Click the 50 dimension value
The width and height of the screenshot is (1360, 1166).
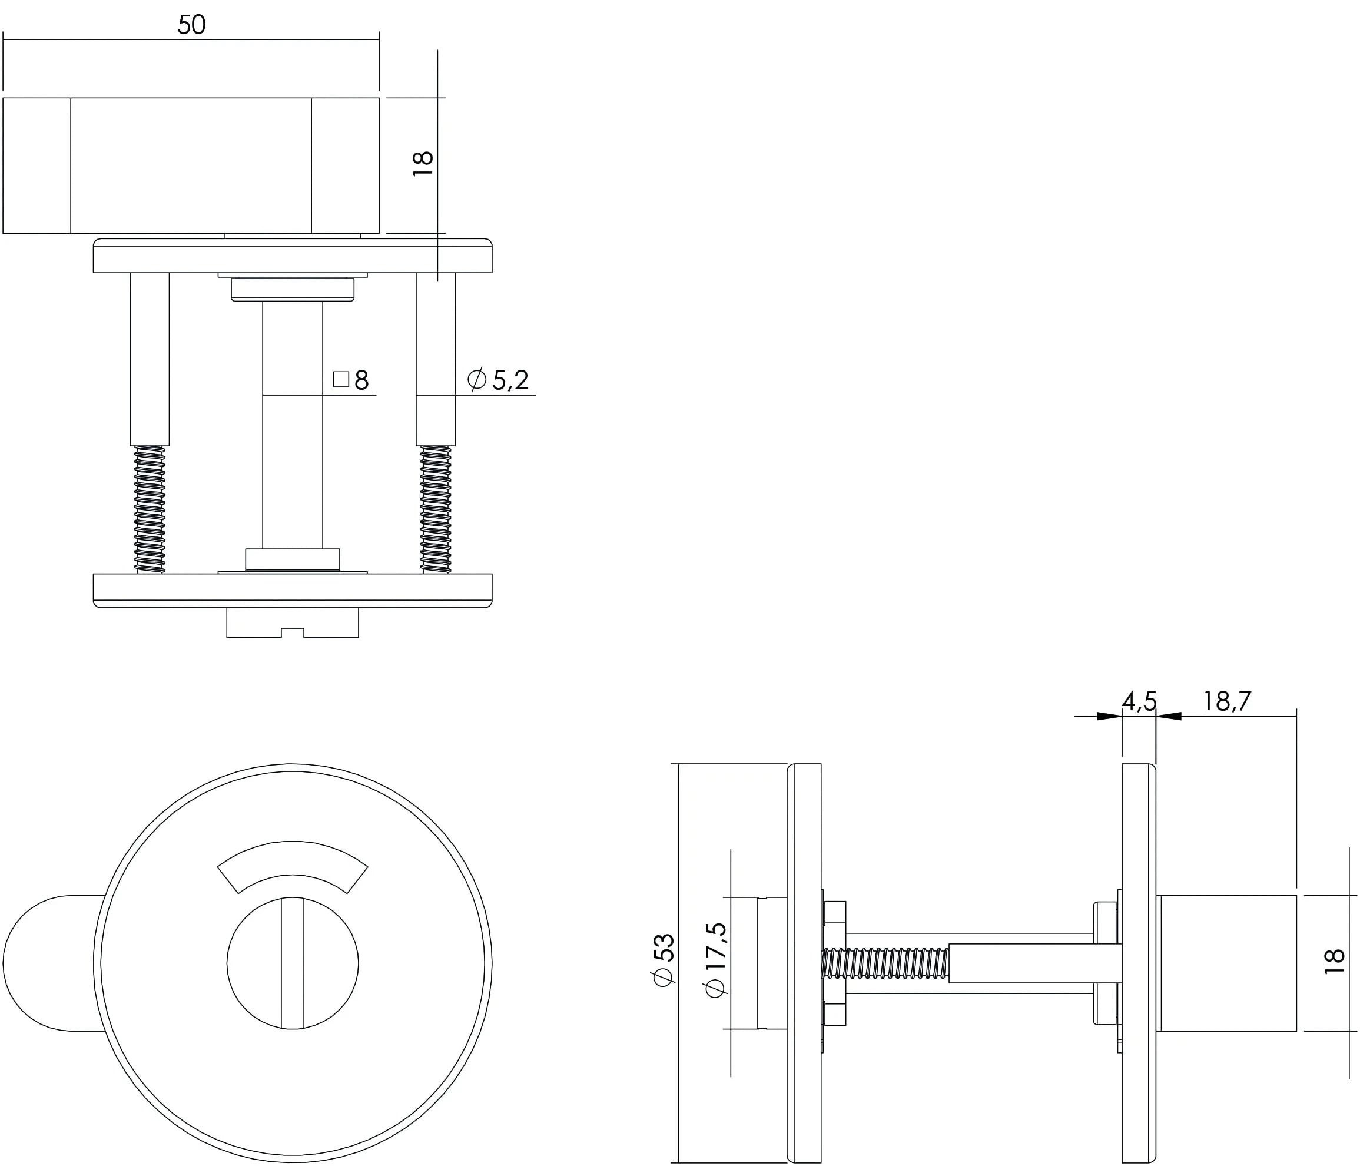pyautogui.click(x=191, y=25)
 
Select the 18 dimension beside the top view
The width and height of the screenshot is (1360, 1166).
pyautogui.click(x=423, y=163)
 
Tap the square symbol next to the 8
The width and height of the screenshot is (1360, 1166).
pyautogui.click(x=341, y=379)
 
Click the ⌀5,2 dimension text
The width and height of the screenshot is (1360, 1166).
pyautogui.click(x=498, y=380)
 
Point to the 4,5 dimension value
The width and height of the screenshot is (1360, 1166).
pyautogui.click(x=1139, y=702)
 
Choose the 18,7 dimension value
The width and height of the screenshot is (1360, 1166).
pyautogui.click(x=1226, y=702)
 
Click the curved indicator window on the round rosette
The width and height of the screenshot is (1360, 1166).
pyautogui.click(x=293, y=863)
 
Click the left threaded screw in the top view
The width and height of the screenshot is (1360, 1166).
pyautogui.click(x=150, y=509)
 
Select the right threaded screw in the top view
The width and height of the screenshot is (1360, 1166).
pyautogui.click(x=436, y=509)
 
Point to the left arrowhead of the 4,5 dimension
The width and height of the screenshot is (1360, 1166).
pyautogui.click(x=1109, y=716)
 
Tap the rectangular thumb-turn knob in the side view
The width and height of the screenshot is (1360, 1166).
pyautogui.click(x=1226, y=963)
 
